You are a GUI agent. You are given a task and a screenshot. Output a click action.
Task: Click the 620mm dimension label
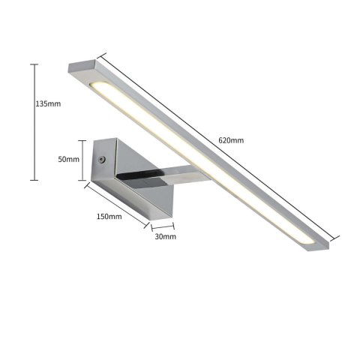click(x=232, y=140)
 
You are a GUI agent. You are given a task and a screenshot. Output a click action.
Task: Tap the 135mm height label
click(x=48, y=104)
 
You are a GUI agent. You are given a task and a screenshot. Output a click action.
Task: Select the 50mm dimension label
click(x=69, y=160)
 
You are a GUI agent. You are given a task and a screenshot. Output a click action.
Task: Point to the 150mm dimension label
click(x=109, y=216)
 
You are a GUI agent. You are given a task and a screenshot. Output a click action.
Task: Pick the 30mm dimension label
click(x=164, y=236)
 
